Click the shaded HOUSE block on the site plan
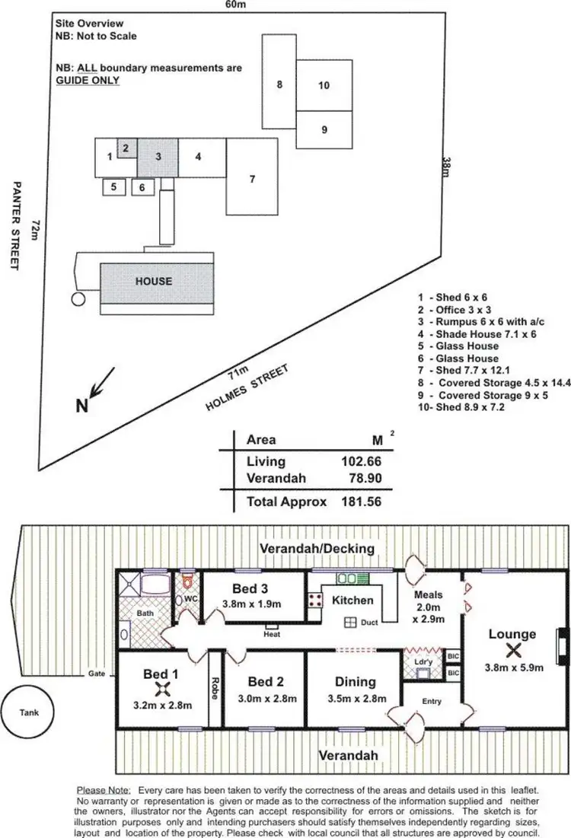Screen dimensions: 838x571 coord(154,281)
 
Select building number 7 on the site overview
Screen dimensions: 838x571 coord(251,179)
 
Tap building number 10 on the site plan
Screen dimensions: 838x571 coord(324,85)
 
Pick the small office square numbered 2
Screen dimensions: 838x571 coord(126,148)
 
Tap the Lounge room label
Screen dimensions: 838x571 coord(512,634)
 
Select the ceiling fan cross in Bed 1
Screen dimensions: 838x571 coord(161,690)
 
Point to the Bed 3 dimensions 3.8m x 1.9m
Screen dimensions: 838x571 coord(252,604)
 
